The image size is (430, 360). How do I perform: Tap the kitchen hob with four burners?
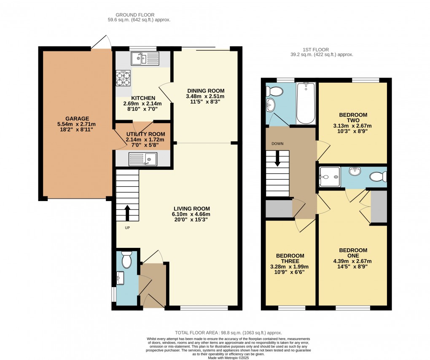[x=122, y=78]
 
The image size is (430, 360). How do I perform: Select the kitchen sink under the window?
[x=145, y=58]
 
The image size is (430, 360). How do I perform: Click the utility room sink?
[x=143, y=159]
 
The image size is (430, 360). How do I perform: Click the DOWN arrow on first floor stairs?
[x=277, y=159]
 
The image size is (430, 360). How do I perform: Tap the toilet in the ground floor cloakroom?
[x=126, y=260]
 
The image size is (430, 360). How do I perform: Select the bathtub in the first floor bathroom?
[x=306, y=102]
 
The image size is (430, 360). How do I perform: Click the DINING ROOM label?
[x=206, y=91]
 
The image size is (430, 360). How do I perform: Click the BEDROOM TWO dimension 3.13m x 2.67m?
[x=353, y=126]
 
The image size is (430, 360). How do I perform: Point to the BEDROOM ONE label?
[x=353, y=253]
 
